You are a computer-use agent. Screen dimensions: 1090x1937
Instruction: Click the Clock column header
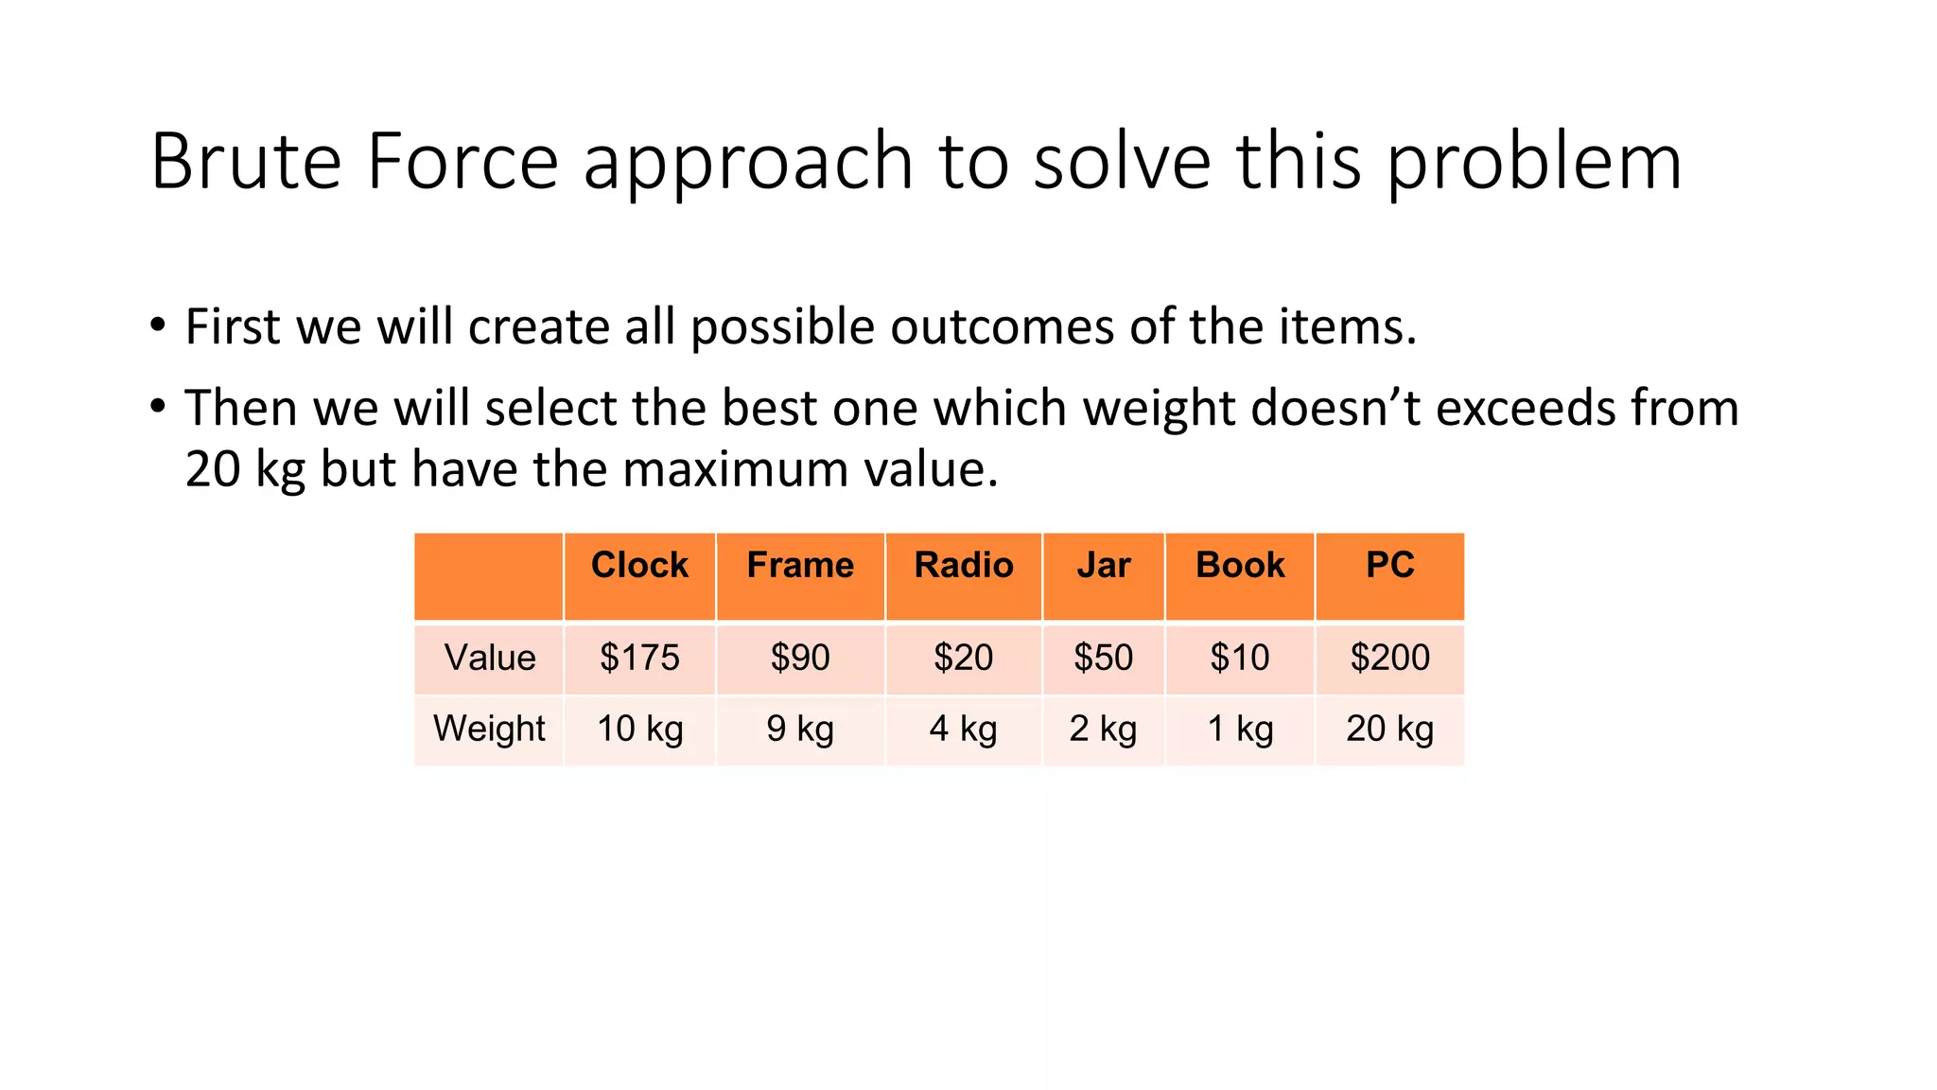click(639, 565)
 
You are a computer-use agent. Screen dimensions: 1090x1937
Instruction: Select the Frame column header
click(800, 565)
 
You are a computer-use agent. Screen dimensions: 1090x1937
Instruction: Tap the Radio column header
click(964, 565)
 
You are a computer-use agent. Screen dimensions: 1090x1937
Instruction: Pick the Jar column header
click(1104, 565)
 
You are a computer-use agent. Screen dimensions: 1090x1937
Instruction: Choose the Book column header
click(1240, 565)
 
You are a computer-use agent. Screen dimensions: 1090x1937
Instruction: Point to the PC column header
click(1389, 565)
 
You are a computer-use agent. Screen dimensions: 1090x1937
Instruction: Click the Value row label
click(490, 658)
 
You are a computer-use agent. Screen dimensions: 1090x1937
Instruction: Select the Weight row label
click(489, 729)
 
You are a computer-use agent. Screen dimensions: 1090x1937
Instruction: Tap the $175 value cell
click(639, 658)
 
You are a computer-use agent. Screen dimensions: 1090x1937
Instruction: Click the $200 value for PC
click(1389, 658)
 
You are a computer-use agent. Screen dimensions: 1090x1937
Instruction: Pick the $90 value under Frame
click(800, 658)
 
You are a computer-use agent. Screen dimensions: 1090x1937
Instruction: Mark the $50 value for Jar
click(1104, 658)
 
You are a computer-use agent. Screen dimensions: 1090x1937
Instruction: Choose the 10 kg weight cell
click(639, 729)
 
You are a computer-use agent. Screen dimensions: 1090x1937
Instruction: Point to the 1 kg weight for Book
click(1240, 729)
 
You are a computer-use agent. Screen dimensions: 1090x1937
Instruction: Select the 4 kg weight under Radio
click(964, 729)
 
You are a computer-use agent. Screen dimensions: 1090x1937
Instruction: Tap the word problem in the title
click(1534, 163)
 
